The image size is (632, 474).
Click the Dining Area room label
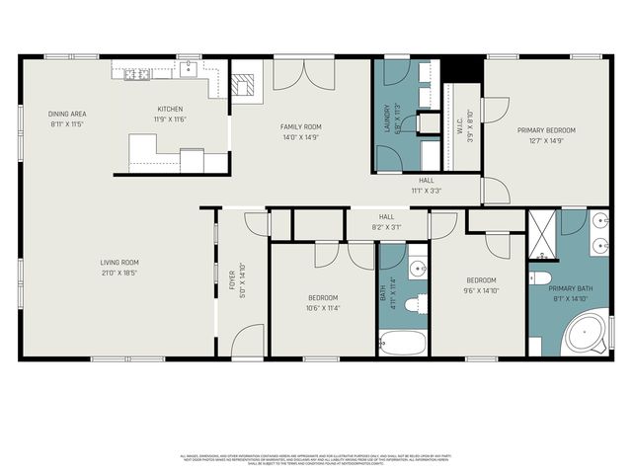(x=67, y=114)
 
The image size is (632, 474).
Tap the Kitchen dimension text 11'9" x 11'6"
(x=170, y=119)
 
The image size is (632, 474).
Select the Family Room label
(x=300, y=126)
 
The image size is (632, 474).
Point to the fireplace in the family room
(x=244, y=85)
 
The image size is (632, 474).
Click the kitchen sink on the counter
(x=189, y=69)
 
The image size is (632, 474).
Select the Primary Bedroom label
(x=545, y=129)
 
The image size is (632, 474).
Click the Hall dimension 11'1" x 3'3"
(x=426, y=191)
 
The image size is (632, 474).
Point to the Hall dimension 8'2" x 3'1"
(x=387, y=228)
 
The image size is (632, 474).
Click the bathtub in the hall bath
(x=402, y=344)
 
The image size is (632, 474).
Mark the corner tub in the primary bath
(x=588, y=334)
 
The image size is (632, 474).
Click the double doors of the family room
(x=297, y=74)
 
